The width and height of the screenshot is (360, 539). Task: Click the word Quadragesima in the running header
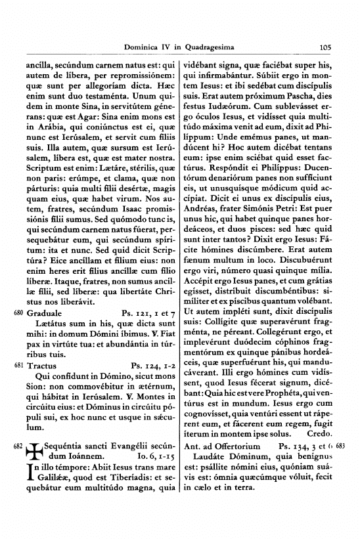click(x=207, y=47)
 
